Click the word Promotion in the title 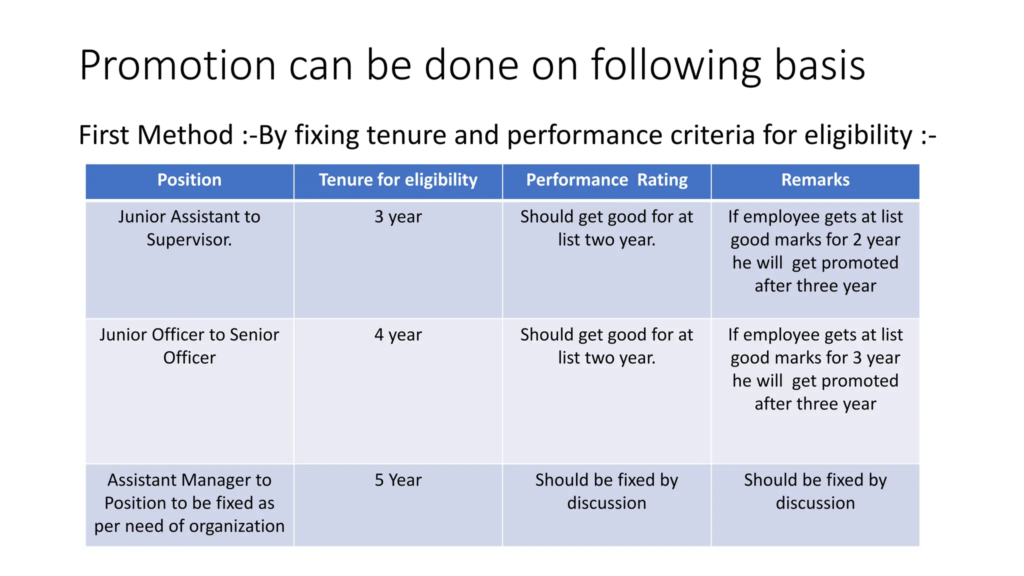(177, 65)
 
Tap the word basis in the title (820, 65)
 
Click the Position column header (189, 180)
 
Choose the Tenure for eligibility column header (398, 180)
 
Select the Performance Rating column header (606, 180)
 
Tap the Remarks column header (815, 180)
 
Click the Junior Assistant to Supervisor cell (189, 228)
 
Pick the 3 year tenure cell (398, 217)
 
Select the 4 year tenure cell (398, 335)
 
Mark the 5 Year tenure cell (398, 480)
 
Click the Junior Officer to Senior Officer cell (189, 346)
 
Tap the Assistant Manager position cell (189, 503)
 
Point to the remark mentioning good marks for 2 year (815, 251)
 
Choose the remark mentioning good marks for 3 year (815, 369)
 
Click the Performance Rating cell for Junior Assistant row (606, 228)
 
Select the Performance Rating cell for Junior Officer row (606, 346)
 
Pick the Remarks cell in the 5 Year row (815, 491)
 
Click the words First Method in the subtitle (156, 135)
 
